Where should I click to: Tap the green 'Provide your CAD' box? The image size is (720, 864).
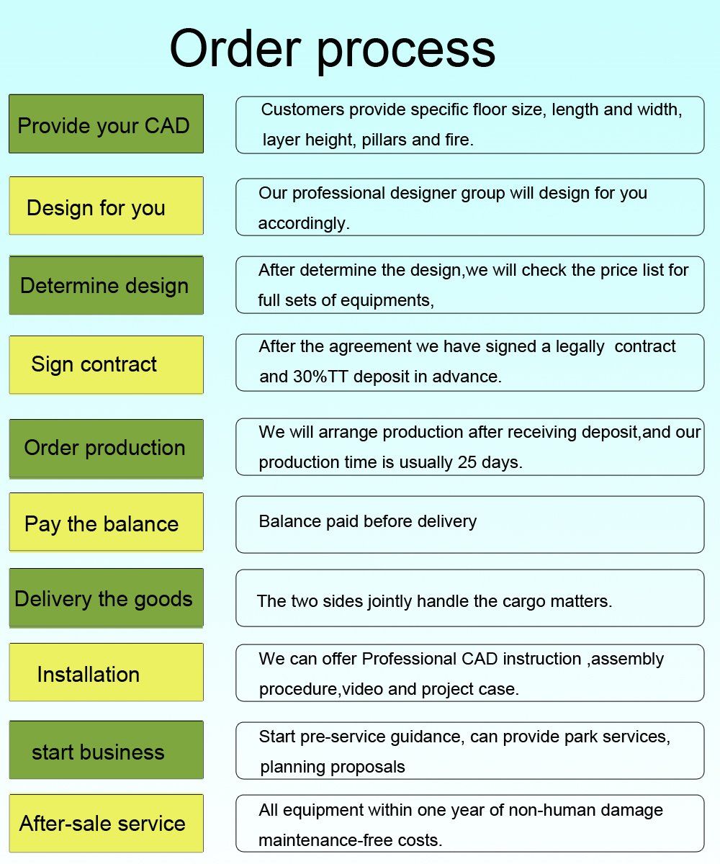coord(107,124)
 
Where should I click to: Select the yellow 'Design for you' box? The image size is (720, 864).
coord(107,206)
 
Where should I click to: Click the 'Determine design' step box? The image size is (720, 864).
coord(107,285)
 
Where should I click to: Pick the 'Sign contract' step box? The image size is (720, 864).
coord(107,364)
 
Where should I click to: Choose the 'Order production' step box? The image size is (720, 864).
coord(107,449)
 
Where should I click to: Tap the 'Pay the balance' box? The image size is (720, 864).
coord(107,522)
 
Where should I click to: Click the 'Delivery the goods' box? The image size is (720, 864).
coord(107,598)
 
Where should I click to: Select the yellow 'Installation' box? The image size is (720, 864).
coord(107,672)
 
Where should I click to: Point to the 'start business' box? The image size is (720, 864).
coord(107,750)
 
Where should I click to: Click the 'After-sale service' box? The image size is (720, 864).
coord(107,823)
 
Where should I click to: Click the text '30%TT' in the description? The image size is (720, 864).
coord(320,377)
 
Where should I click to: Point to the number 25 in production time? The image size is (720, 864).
coord(467,462)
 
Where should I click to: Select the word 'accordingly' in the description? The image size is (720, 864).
coord(304,224)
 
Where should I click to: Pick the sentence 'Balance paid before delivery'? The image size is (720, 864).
coord(367,521)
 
